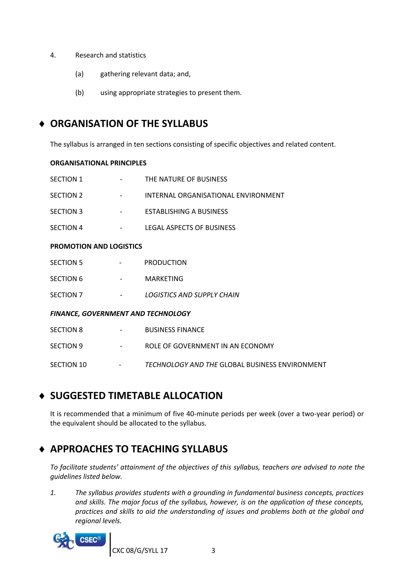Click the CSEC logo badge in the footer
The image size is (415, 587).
pyautogui.click(x=90, y=539)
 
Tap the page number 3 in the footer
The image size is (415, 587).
pyautogui.click(x=213, y=551)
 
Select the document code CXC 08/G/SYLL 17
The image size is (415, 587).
pyautogui.click(x=140, y=551)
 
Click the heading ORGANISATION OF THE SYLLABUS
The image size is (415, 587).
pyautogui.click(x=129, y=123)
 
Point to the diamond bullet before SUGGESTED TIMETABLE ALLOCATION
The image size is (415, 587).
pyautogui.click(x=42, y=396)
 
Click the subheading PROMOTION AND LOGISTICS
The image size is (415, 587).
pyautogui.click(x=96, y=246)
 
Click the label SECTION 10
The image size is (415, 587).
pyautogui.click(x=68, y=365)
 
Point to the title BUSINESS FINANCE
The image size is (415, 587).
pyautogui.click(x=174, y=330)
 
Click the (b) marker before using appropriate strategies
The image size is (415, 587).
pyautogui.click(x=79, y=93)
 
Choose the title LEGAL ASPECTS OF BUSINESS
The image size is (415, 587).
pyautogui.click(x=190, y=228)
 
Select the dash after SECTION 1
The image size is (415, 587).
pyautogui.click(x=121, y=179)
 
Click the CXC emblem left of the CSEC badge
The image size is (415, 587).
pyautogui.click(x=63, y=541)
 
